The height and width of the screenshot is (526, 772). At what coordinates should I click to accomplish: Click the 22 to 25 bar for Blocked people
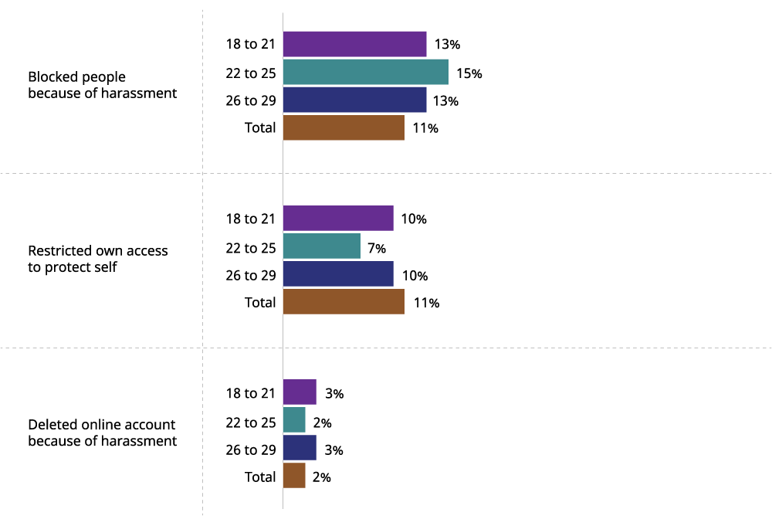tap(366, 72)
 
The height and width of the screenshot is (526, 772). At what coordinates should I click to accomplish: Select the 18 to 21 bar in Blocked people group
tap(354, 44)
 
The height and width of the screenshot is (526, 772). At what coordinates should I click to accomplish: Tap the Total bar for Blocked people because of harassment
tap(344, 127)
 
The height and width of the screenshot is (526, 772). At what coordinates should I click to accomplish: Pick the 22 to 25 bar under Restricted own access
tap(322, 246)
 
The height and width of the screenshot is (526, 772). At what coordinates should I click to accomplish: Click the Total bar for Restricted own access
tap(344, 302)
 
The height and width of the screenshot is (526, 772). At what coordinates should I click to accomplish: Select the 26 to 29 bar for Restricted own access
tap(338, 274)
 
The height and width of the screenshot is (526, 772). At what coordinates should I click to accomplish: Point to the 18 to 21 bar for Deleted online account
tap(300, 392)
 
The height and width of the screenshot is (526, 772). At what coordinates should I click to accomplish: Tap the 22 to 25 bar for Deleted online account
tap(294, 420)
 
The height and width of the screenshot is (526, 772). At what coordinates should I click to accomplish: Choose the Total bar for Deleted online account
tap(294, 476)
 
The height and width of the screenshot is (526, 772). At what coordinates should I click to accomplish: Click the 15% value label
tap(469, 73)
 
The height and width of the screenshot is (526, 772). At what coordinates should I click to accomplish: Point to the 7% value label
tap(377, 248)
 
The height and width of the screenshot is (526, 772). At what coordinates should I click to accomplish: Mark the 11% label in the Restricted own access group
tap(425, 303)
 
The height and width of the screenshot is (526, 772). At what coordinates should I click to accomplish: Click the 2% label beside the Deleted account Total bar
tap(322, 477)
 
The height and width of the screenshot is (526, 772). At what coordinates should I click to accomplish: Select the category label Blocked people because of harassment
tap(102, 85)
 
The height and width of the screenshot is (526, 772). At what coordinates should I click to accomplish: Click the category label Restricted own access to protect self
tap(97, 259)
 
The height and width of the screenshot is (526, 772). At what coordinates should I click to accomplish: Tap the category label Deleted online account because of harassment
tap(102, 433)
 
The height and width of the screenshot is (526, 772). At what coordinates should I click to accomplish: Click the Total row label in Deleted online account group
tap(260, 477)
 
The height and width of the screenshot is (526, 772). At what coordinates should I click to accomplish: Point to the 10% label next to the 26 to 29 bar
tap(414, 276)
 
